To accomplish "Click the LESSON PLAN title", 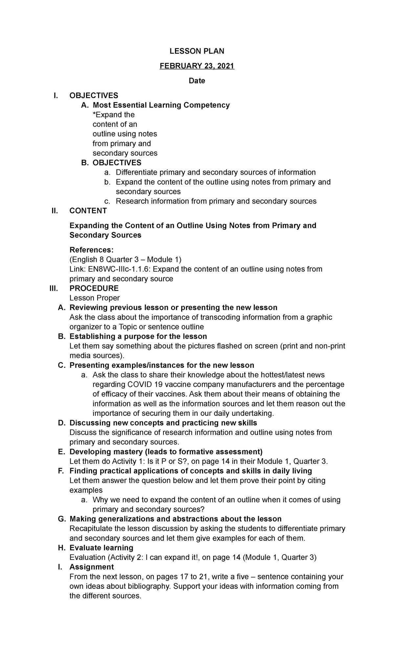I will (x=197, y=51).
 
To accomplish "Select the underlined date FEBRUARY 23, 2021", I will (x=197, y=66).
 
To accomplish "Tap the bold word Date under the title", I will (x=197, y=81).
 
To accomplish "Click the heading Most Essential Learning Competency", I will (x=161, y=105).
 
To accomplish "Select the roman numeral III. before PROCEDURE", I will (x=53, y=288).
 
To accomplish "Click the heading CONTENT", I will (x=88, y=211).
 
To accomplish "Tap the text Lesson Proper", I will (x=95, y=298).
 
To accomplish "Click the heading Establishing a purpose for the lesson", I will (x=138, y=337).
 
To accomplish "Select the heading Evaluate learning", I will (x=101, y=548).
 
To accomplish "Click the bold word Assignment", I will (x=92, y=567).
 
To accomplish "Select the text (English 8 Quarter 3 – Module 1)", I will (x=125, y=260).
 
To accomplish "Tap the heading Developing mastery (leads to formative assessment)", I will (x=166, y=452).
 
